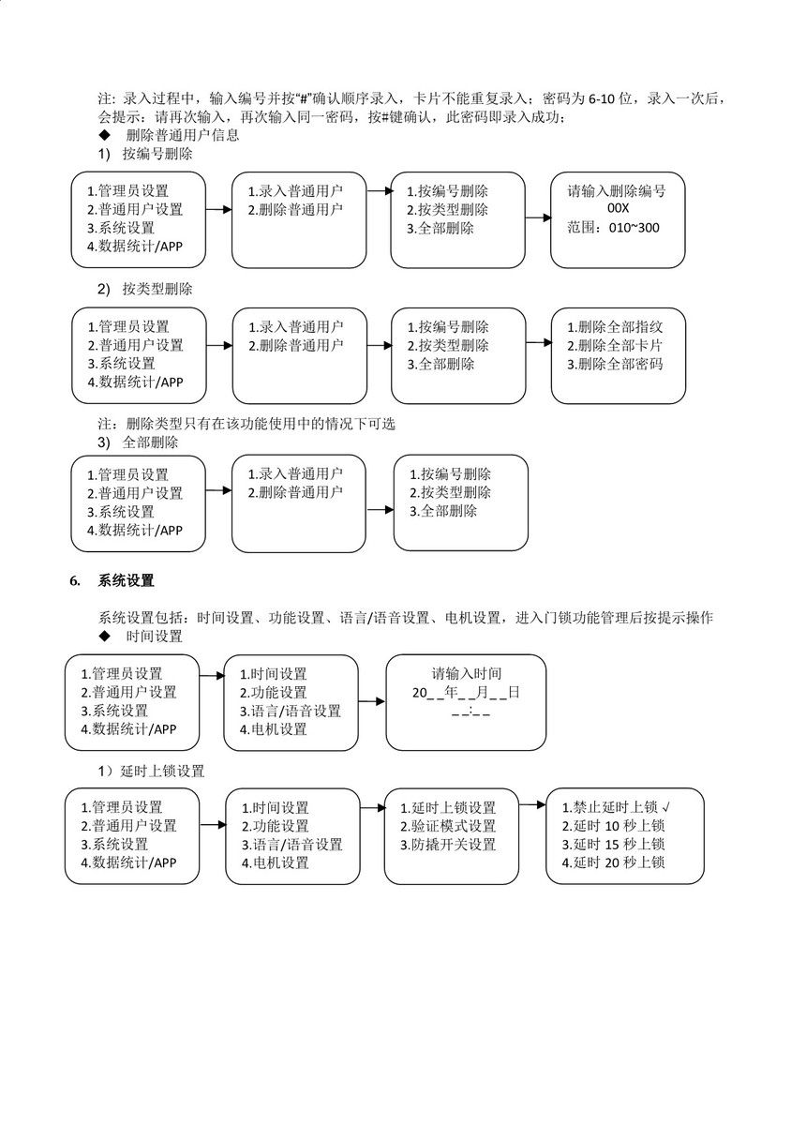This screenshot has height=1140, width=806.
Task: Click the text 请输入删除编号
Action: coord(617,190)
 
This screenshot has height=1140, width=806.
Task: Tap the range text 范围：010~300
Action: coord(613,228)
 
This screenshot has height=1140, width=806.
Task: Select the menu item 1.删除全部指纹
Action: coord(615,327)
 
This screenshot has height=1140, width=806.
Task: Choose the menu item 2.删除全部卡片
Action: coord(615,346)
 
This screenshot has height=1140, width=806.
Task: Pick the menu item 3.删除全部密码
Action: coord(615,364)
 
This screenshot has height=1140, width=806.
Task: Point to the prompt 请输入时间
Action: coord(466,674)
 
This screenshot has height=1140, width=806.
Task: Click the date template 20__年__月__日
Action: coord(466,693)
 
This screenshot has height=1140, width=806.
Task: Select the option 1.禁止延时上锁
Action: coord(609,807)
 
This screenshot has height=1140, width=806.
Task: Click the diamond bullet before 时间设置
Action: coord(104,636)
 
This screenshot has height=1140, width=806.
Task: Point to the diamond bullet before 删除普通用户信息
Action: coord(104,135)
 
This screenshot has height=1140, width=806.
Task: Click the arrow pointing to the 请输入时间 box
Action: coord(372,701)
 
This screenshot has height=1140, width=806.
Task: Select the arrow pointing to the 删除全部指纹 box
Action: coord(537,343)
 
